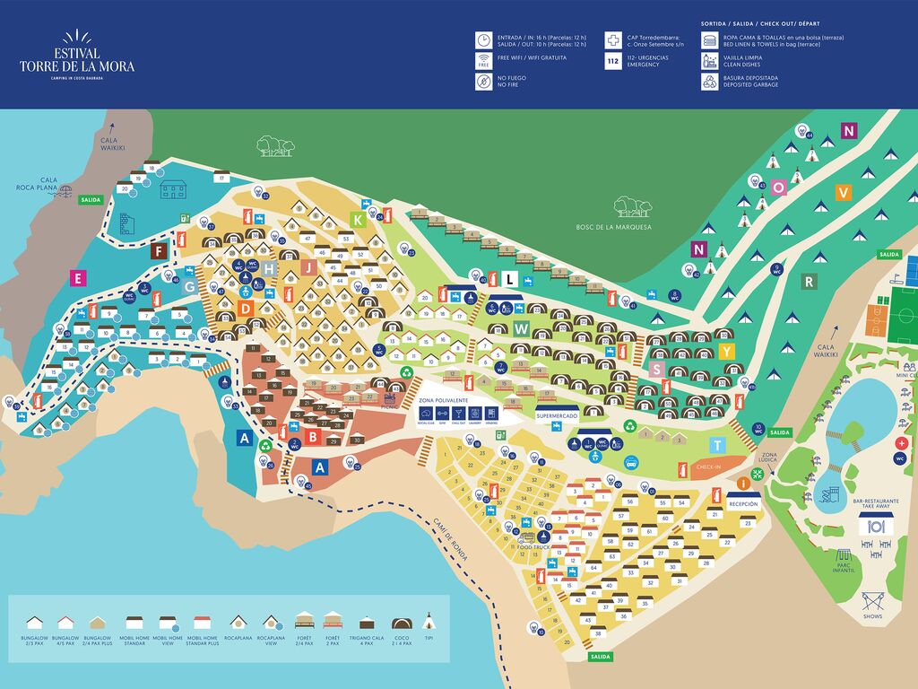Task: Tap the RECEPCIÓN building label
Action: pos(743,504)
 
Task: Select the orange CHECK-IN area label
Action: pos(708,467)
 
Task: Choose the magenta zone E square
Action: pos(79,278)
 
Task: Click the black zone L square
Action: pos(509,279)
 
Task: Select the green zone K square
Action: pos(358,219)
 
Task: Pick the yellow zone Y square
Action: pos(726,350)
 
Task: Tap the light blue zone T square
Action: pos(716,445)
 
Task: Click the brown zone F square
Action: pos(160,251)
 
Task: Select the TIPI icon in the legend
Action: pos(429,622)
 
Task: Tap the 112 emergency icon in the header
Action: pos(613,61)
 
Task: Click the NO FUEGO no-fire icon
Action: pos(483,82)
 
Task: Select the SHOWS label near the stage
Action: pos(873,616)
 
